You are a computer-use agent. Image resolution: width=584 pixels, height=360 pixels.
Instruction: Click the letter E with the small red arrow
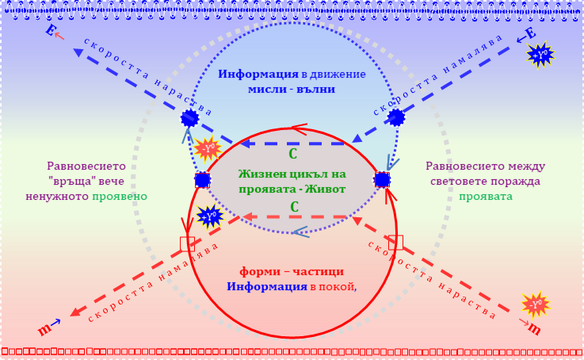(x=51, y=32)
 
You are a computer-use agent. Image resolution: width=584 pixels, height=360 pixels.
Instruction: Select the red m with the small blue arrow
(x=45, y=327)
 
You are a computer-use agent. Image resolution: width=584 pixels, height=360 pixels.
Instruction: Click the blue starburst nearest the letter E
(x=541, y=54)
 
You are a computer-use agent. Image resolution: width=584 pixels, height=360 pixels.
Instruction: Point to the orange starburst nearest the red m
(x=536, y=304)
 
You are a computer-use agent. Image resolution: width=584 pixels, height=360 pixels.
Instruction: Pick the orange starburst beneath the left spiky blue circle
(x=207, y=148)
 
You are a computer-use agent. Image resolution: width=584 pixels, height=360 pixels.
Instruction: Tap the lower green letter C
(x=293, y=206)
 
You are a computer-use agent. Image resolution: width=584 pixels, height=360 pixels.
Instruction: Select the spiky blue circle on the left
(x=190, y=119)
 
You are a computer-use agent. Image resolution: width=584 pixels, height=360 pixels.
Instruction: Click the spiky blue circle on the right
(x=396, y=118)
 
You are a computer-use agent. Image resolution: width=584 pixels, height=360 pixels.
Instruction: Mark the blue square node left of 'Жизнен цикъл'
(x=202, y=180)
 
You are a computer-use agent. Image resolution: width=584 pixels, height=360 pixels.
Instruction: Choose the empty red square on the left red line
(x=188, y=243)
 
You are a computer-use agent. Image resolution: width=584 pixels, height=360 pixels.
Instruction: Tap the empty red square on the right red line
(x=396, y=242)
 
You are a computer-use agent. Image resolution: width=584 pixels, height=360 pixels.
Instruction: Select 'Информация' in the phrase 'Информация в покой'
(x=265, y=286)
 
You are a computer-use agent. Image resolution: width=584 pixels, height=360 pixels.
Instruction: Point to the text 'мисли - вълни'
(x=292, y=90)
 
